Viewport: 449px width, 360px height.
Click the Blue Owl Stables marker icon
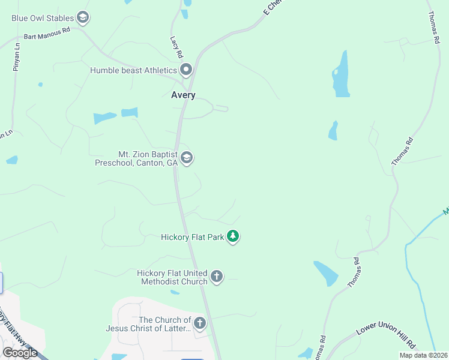coord(83,18)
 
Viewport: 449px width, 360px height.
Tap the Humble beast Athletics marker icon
coord(186,70)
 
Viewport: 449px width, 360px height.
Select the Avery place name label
coord(183,95)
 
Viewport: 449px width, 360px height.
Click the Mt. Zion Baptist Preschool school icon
coord(186,158)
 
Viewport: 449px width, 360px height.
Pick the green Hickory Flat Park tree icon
coord(233,237)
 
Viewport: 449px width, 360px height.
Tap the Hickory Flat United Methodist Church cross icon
coord(217,277)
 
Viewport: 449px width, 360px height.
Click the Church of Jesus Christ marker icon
coord(200,323)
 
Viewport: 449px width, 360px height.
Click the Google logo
coord(20,352)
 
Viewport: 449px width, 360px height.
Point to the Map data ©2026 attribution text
coord(423,355)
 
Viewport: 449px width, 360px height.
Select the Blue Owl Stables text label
coord(43,18)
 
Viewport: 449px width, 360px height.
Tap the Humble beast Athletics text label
coord(133,70)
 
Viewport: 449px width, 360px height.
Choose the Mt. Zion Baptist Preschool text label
coord(137,158)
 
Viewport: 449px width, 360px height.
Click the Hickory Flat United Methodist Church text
coord(172,277)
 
